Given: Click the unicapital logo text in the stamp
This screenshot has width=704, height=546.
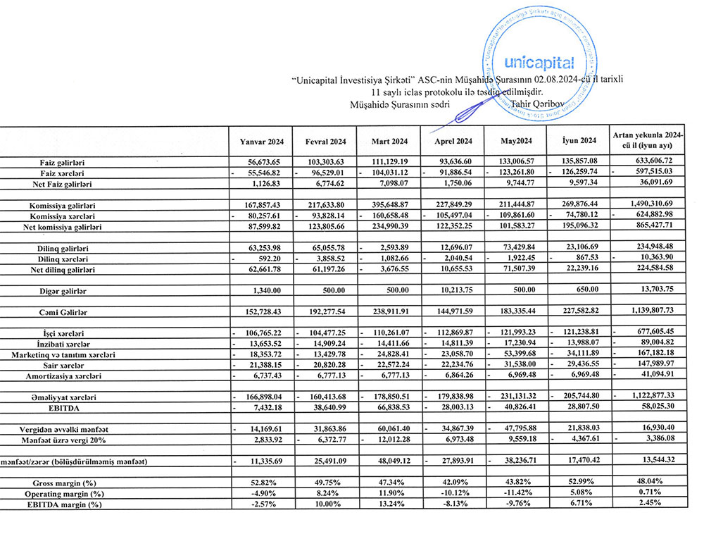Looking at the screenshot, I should click(540, 63).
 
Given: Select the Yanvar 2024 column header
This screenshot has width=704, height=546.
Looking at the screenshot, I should click(261, 140).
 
